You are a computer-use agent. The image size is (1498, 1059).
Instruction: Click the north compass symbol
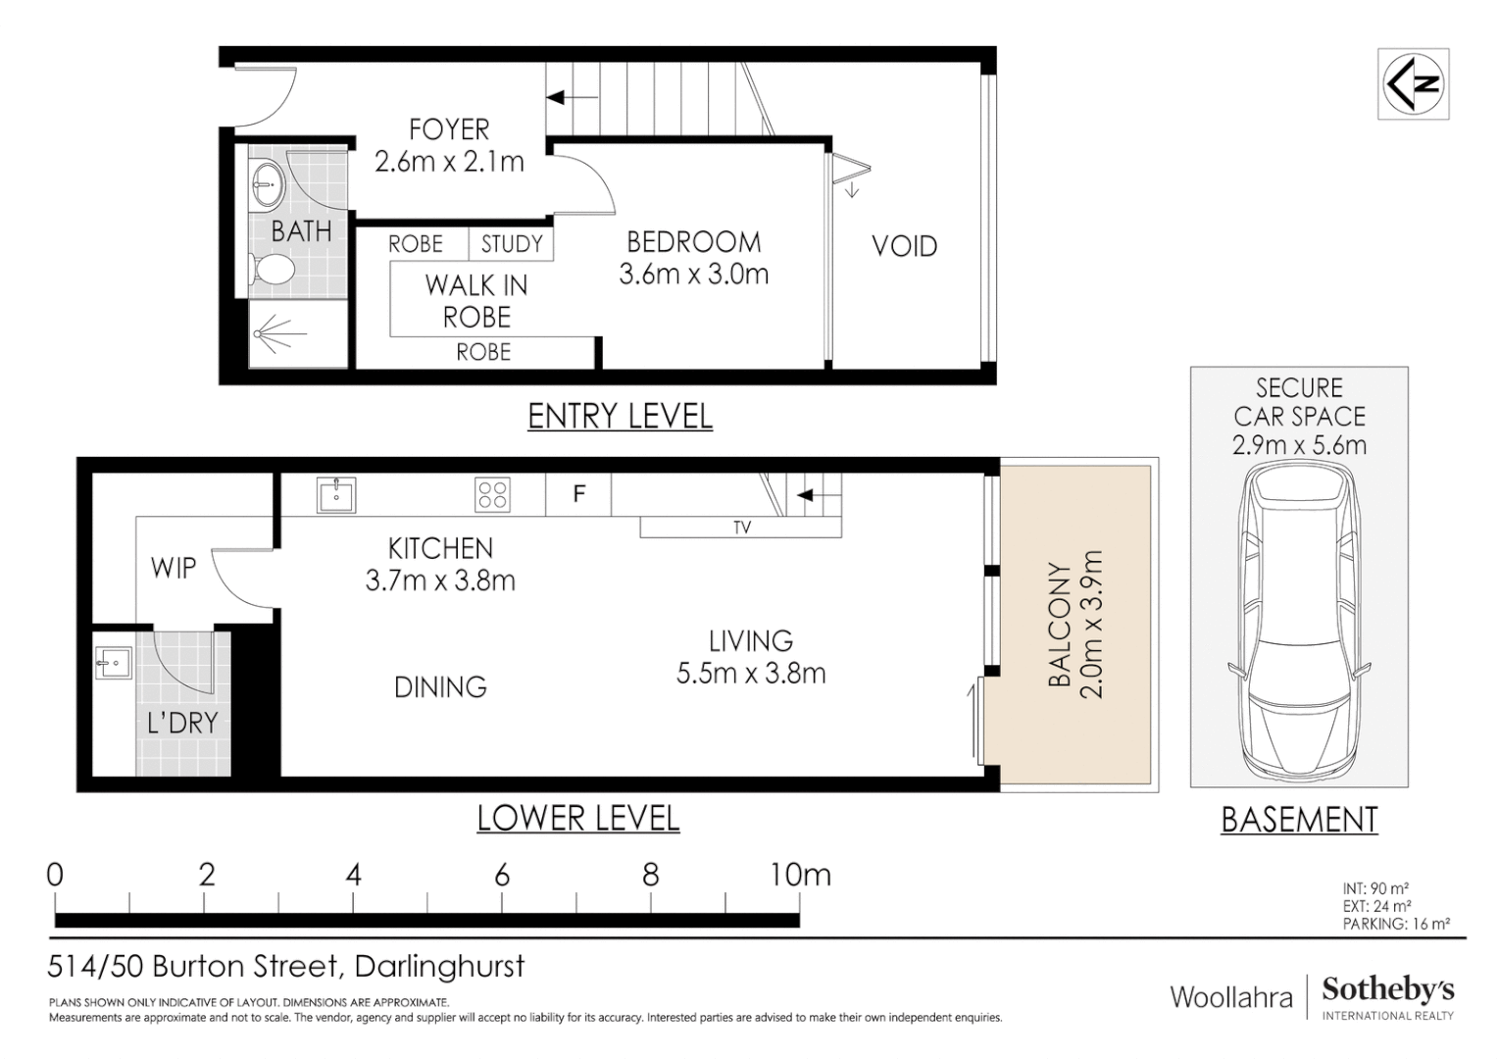tap(1413, 84)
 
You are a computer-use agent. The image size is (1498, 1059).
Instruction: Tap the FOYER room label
tap(449, 129)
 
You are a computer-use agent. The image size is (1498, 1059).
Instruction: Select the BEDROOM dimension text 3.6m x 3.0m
tap(693, 275)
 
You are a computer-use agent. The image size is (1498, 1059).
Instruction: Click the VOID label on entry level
tap(904, 246)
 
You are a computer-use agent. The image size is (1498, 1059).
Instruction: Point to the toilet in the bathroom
tap(274, 269)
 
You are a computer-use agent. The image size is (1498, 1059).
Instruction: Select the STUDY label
tap(511, 244)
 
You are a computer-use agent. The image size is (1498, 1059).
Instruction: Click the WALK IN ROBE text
tap(476, 301)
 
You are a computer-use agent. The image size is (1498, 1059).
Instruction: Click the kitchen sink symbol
tap(336, 495)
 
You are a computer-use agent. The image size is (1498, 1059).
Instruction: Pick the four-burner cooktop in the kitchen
tap(492, 495)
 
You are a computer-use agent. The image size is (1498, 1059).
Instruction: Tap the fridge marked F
tap(578, 494)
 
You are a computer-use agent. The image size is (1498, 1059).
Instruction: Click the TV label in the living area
tap(742, 528)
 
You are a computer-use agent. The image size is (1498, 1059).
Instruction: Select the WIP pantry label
tap(174, 568)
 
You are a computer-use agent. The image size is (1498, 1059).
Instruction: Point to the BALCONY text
tap(1059, 624)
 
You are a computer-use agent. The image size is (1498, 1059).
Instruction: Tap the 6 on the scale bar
tap(502, 875)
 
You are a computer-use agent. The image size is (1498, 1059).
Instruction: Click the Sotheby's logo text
tap(1387, 989)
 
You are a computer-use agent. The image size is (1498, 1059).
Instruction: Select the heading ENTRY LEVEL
tap(620, 416)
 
